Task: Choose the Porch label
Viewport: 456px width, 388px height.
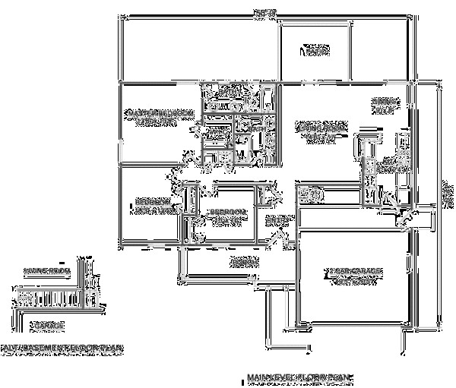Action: click(x=240, y=261)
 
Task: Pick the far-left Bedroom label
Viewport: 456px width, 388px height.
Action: click(x=151, y=205)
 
